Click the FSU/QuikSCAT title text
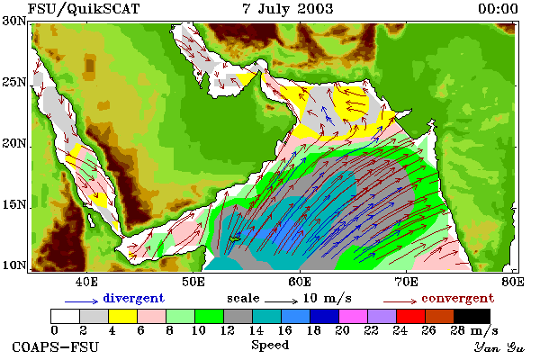point(84,9)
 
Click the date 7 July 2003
point(288,9)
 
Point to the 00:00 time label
point(498,9)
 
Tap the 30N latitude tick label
point(14,21)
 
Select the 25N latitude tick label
point(14,82)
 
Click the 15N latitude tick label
point(14,204)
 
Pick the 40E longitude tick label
point(86,282)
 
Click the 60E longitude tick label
point(300,282)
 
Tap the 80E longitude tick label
point(513,282)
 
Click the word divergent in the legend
point(133,298)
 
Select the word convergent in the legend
point(458,298)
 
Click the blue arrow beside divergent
point(82,301)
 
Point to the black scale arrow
point(281,301)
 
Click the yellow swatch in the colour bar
point(122,316)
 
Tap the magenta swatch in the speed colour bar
point(353,316)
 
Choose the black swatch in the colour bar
point(472,316)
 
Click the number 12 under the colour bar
point(227,330)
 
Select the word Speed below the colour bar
point(270,346)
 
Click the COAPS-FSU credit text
point(55,347)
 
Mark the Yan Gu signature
point(499,347)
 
